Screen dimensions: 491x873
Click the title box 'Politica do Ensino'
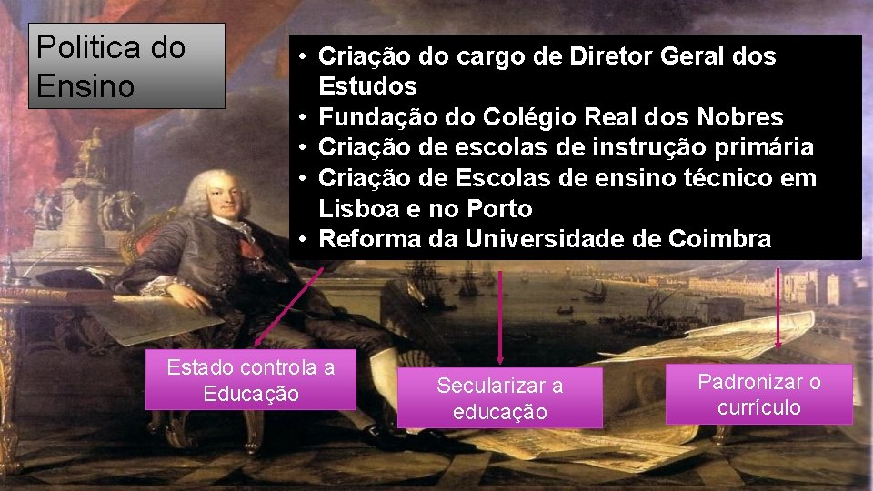click(x=126, y=66)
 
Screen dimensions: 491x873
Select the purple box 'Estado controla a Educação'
click(x=251, y=381)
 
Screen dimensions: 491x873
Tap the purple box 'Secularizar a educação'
click(x=499, y=398)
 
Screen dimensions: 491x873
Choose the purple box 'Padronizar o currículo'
click(x=758, y=395)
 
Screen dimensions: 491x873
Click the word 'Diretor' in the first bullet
click(x=612, y=56)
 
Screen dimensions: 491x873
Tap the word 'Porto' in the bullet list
click(x=499, y=209)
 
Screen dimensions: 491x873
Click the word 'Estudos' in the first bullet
click(x=367, y=87)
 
